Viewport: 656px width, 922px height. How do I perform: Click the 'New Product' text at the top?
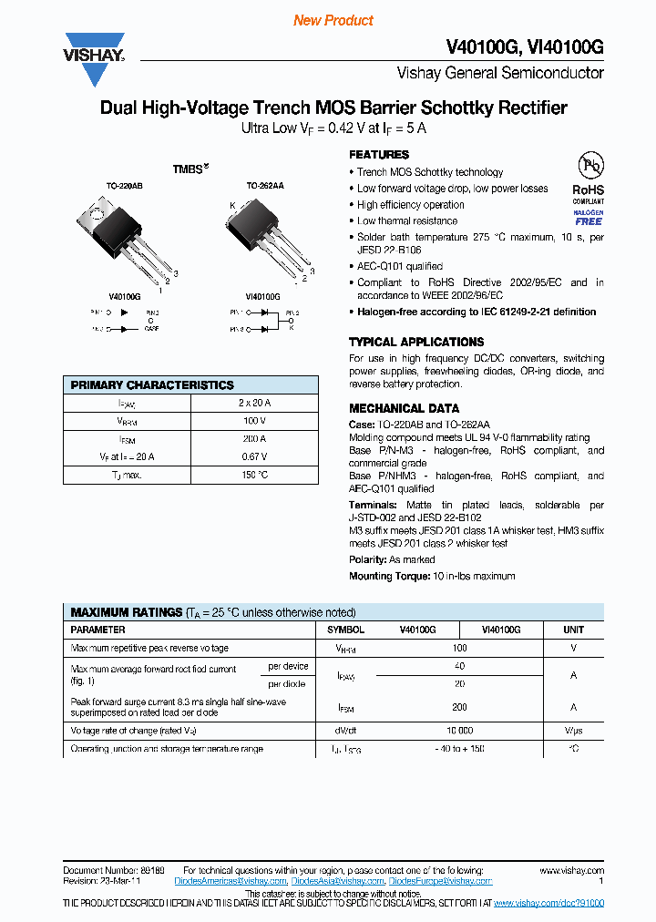[333, 20]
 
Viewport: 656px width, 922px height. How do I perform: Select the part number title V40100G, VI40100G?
[524, 47]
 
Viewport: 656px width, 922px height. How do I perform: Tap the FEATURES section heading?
[379, 155]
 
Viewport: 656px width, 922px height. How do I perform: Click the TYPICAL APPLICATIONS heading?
[416, 342]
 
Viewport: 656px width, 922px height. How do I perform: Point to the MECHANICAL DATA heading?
[404, 408]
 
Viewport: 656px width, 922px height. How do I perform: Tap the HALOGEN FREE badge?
[589, 217]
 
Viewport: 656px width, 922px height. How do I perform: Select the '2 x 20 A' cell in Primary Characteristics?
[254, 403]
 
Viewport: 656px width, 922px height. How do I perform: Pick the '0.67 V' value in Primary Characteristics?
[254, 456]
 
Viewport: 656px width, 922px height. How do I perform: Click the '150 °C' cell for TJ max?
[254, 475]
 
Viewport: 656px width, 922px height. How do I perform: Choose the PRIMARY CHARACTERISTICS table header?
[152, 385]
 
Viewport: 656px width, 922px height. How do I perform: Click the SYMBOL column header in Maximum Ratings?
[345, 630]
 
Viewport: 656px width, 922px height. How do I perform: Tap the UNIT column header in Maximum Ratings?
[573, 630]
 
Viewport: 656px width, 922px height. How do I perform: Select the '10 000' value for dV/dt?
[459, 731]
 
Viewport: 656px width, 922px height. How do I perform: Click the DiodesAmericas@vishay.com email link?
[235, 881]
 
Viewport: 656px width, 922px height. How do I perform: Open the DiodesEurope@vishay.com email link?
[440, 881]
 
